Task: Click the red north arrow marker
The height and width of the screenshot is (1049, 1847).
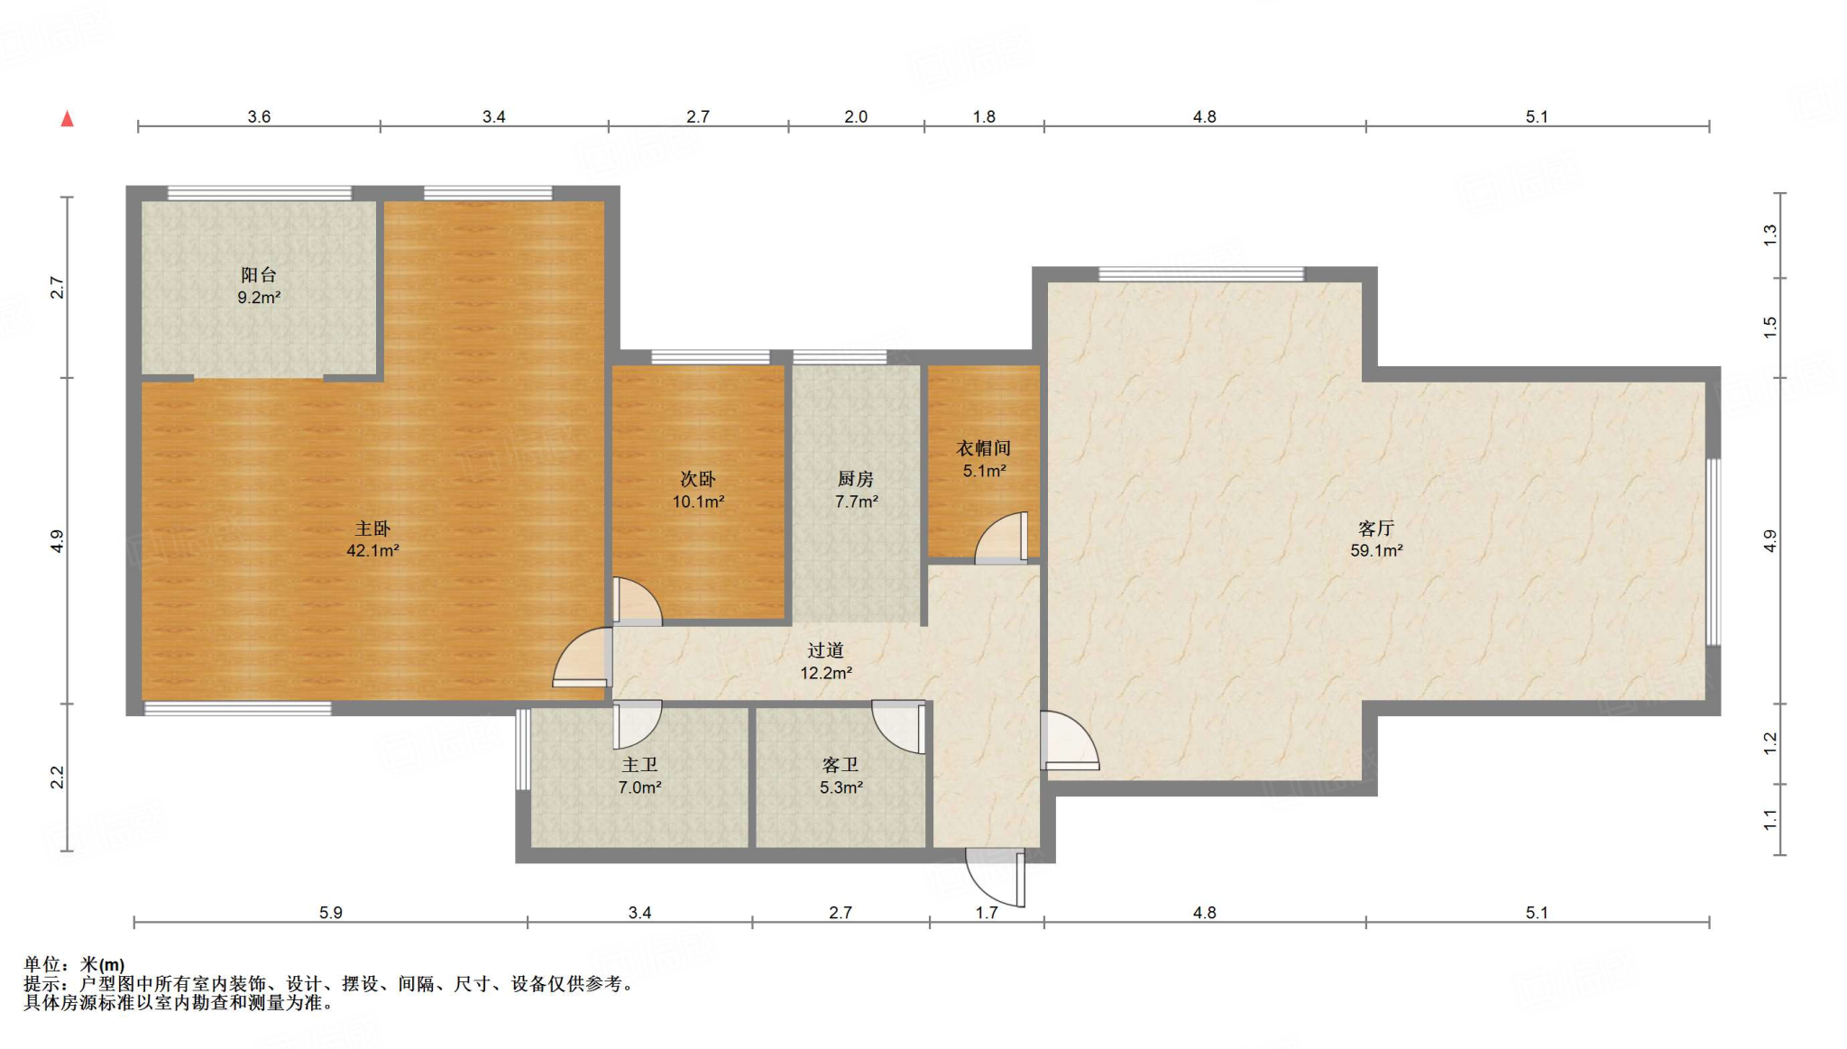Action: [67, 118]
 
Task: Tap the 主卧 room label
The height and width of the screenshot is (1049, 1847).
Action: [372, 529]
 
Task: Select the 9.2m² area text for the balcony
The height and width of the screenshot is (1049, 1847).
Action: [259, 297]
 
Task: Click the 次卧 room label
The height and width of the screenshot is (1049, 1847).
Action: [698, 479]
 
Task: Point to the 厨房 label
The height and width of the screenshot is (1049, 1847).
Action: [856, 479]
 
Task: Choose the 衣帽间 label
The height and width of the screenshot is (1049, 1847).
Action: [983, 448]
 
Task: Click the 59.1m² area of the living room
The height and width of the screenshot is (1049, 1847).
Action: [1376, 550]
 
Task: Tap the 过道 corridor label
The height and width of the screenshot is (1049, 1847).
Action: [825, 649]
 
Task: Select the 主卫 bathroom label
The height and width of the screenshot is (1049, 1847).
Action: [639, 765]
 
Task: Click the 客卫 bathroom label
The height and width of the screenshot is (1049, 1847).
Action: [841, 765]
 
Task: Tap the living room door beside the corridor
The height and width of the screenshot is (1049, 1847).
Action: [1070, 741]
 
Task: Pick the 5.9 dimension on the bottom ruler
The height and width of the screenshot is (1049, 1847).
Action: [331, 913]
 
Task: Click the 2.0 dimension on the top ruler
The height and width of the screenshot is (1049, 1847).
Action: [856, 116]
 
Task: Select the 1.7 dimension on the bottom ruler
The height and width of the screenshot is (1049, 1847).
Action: [987, 913]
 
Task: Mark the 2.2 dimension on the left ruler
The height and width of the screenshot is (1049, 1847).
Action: [57, 778]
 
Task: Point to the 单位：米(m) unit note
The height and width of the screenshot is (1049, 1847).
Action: [74, 964]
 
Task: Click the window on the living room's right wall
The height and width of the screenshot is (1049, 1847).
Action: [1714, 552]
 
